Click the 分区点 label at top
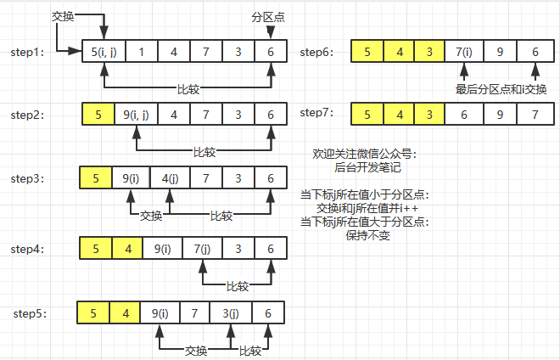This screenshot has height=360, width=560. [268, 16]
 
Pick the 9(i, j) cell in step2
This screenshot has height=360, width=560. [135, 114]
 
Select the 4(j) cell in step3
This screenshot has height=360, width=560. [168, 178]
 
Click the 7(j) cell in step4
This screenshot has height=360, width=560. [201, 249]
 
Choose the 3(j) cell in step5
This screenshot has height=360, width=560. [231, 313]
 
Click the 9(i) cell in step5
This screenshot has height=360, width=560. [159, 313]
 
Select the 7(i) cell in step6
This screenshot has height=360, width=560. [463, 52]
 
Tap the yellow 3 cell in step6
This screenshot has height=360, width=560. [428, 52]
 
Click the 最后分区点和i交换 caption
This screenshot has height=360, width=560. [501, 89]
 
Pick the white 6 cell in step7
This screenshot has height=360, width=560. [463, 114]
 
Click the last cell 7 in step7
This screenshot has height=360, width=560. [534, 114]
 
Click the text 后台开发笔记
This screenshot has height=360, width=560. [362, 168]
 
